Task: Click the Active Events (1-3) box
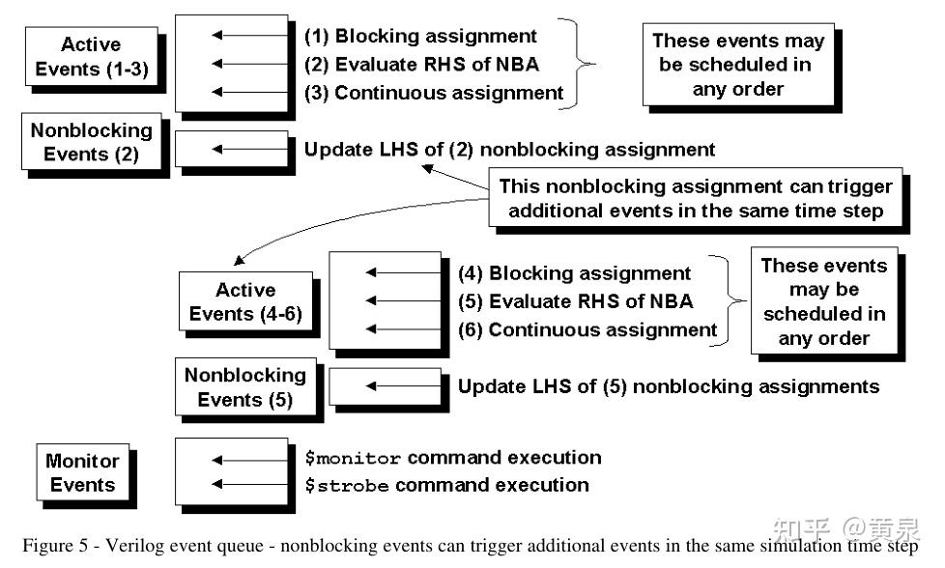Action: tap(91, 57)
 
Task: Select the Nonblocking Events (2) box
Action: tap(91, 142)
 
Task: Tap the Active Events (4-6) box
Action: tap(245, 301)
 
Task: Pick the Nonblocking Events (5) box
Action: tap(244, 386)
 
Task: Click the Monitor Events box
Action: tap(82, 473)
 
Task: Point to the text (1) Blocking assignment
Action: tap(420, 37)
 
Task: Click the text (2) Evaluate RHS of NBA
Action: tap(419, 65)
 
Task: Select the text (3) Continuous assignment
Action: tap(434, 93)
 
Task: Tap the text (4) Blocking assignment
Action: tap(574, 273)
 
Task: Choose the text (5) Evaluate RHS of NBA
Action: tap(575, 301)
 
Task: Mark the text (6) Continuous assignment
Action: tap(587, 329)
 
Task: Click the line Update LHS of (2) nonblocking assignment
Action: tap(509, 150)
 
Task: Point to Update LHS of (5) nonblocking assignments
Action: tap(668, 386)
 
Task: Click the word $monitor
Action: tap(345, 458)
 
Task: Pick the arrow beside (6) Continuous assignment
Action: tap(403, 329)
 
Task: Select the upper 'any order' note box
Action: tap(738, 65)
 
